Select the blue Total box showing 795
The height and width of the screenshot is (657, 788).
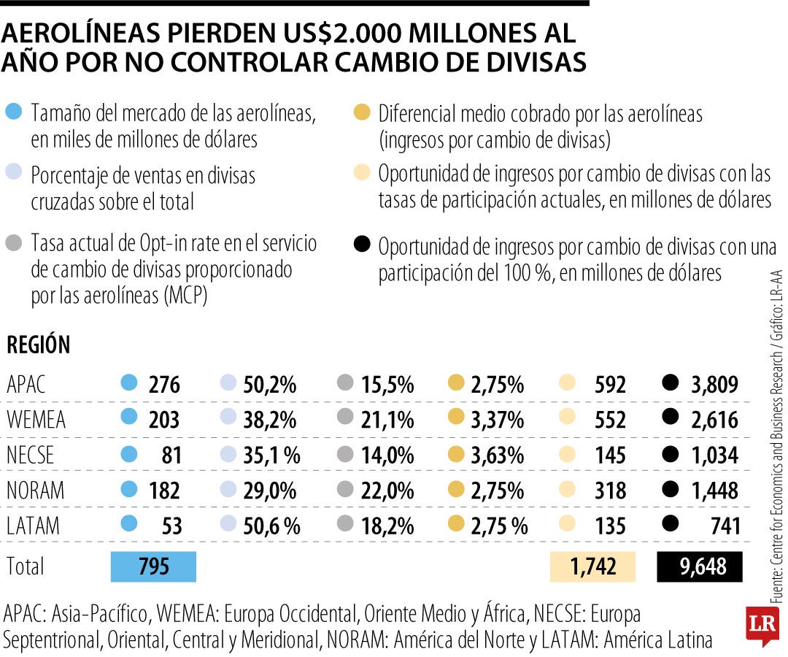153,566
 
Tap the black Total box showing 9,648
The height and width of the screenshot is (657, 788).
700,566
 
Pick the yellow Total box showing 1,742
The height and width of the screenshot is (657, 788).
592,566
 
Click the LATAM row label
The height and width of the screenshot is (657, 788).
34,526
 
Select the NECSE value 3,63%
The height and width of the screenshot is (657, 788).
497,455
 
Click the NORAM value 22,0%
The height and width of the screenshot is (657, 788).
387,491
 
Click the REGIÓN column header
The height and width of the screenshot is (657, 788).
38,345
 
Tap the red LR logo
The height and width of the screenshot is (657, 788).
762,625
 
